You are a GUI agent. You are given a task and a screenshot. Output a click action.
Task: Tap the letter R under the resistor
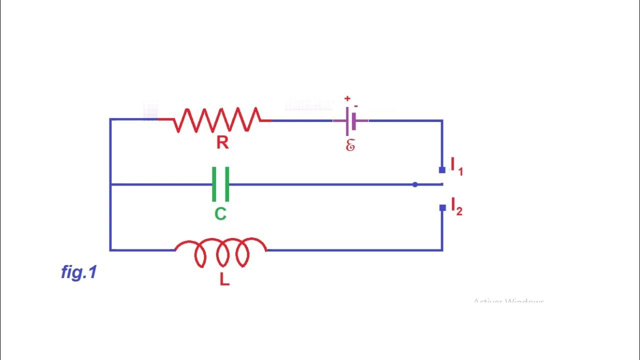pos(222,143)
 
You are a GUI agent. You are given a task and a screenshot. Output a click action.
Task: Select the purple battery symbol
pos(350,121)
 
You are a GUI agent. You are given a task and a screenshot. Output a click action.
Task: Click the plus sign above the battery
pos(347,99)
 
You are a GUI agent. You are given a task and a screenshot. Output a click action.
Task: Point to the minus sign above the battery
pos(355,106)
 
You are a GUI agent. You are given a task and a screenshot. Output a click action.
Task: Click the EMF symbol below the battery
pos(350,145)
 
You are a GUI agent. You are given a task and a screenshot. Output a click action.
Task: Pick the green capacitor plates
pos(220,184)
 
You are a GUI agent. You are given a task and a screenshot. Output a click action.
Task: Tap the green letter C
pos(220,214)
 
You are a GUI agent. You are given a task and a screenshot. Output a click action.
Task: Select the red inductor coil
pos(221,252)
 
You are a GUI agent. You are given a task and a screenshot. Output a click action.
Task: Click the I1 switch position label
pos(456,166)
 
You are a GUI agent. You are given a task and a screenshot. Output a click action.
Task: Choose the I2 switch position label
pos(456,206)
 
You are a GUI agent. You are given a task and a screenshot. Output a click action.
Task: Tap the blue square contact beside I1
pos(442,170)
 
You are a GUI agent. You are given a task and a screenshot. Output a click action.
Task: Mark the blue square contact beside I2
pos(442,208)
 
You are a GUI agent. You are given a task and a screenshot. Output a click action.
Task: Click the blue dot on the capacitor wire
pos(415,184)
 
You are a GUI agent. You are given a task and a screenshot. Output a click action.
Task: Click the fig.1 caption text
pos(78,272)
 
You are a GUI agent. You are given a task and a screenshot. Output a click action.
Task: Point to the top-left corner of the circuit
pos(110,119)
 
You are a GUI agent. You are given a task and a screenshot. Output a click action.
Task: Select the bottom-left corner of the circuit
pos(110,249)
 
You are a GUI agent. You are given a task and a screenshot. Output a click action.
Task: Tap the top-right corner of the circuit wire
pos(442,120)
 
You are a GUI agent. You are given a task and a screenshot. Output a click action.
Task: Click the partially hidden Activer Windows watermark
pos(508,301)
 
